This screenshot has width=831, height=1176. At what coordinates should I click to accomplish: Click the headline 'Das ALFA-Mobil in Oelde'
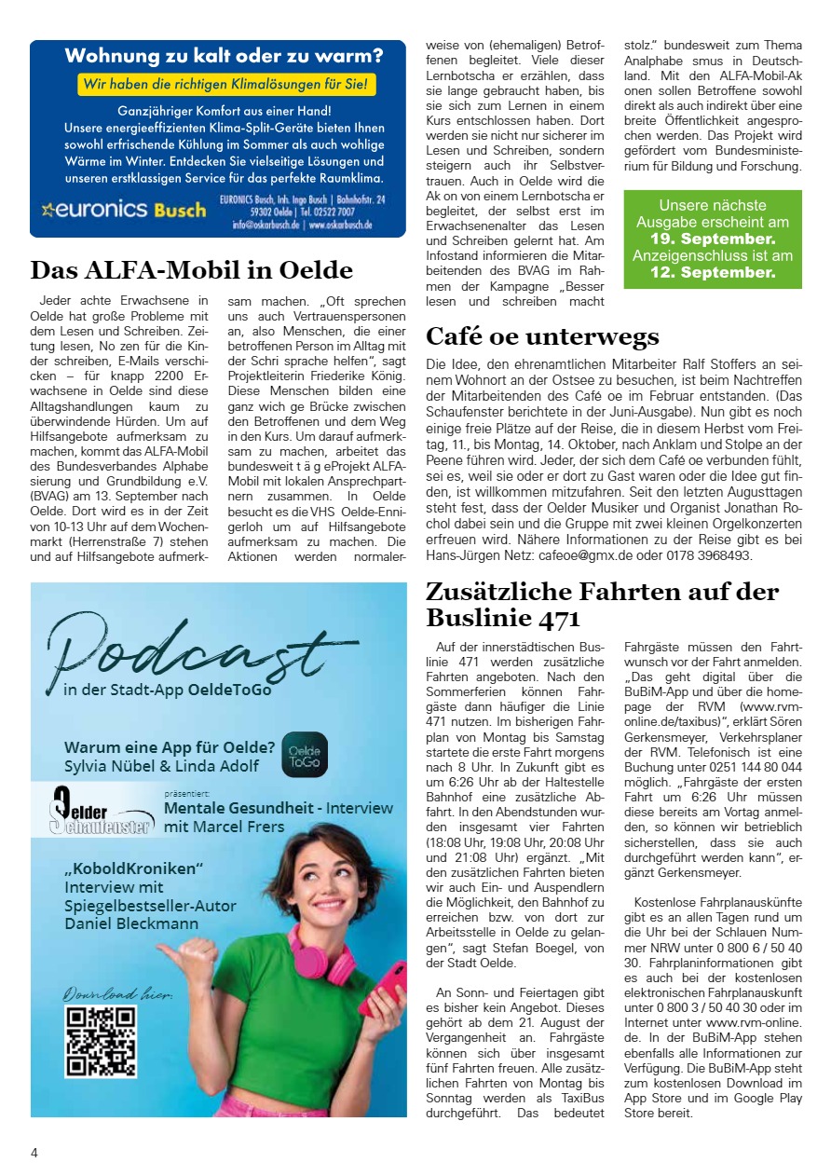192,270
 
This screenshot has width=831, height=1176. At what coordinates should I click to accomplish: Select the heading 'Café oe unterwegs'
542,336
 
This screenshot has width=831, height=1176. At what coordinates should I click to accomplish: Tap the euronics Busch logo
124,209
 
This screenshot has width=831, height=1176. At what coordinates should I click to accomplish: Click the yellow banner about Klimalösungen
227,85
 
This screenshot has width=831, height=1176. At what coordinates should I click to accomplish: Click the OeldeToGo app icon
305,755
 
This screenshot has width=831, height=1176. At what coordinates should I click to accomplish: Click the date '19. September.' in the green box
713,239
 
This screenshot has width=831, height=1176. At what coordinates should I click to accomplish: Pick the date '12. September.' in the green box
713,273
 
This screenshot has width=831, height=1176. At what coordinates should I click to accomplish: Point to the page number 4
34,1153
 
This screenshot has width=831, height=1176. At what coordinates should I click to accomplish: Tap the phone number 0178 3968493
711,555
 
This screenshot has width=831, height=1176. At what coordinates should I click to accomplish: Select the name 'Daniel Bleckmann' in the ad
131,923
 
